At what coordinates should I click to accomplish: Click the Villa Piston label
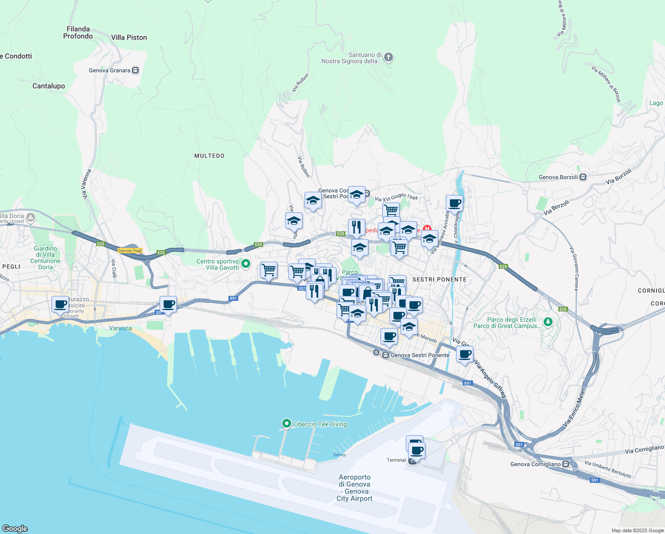[129, 37]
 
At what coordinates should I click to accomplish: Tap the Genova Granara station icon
[136, 70]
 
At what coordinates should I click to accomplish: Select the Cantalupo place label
[48, 86]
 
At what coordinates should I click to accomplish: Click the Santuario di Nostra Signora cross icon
[389, 57]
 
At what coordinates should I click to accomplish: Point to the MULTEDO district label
[209, 156]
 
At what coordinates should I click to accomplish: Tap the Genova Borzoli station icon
[583, 177]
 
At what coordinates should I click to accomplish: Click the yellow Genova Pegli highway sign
[130, 251]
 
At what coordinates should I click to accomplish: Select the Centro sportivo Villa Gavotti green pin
[245, 264]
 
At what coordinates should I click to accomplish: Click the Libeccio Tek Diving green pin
[287, 424]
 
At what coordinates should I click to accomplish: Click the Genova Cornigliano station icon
[566, 464]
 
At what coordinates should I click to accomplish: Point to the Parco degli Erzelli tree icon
[548, 322]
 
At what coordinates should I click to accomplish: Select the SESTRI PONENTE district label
[439, 279]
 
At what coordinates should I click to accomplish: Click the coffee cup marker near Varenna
[168, 305]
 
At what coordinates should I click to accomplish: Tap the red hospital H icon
[427, 229]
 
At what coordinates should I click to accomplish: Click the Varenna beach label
[120, 328]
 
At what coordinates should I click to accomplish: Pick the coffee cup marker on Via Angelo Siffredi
[465, 355]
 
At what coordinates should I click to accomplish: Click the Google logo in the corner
[15, 528]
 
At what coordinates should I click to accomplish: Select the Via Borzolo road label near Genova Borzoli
[618, 176]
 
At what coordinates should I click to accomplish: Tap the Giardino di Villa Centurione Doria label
[45, 258]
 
